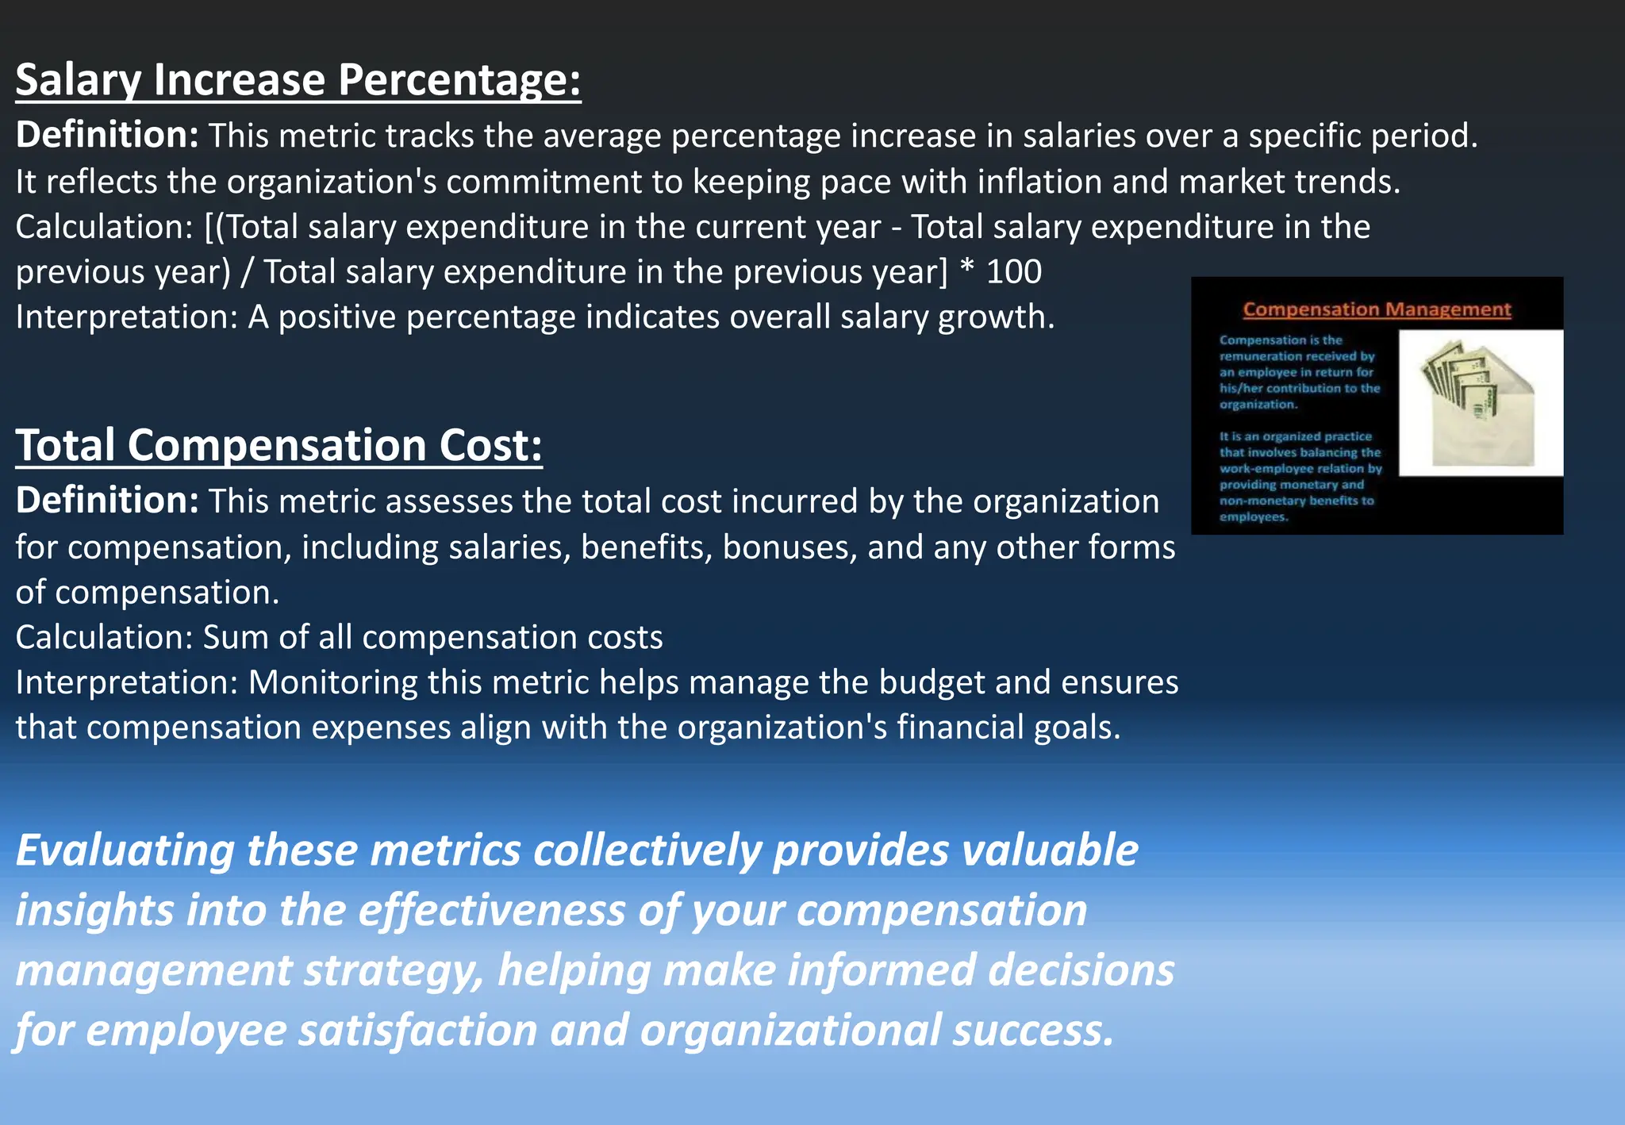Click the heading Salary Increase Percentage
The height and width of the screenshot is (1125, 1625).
click(298, 80)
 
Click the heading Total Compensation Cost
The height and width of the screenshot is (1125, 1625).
click(279, 445)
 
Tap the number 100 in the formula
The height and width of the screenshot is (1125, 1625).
click(1013, 272)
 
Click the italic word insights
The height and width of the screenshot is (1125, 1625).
click(94, 910)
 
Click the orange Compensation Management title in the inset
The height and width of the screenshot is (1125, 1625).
click(1377, 309)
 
